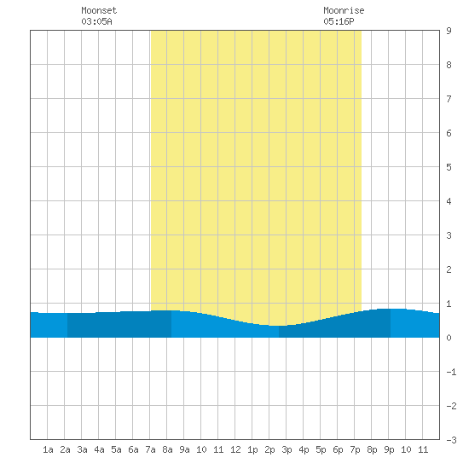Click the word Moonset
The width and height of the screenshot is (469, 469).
[99, 10]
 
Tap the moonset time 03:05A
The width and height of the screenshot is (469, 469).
[96, 21]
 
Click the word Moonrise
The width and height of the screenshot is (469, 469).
[344, 10]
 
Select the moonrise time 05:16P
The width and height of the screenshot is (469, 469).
[339, 21]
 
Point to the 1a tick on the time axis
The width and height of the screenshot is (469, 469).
[48, 449]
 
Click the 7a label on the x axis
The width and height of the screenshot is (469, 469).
[150, 449]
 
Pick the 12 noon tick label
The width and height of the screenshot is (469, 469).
[235, 449]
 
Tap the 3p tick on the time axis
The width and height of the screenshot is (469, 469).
[287, 449]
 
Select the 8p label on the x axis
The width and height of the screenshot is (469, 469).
[372, 449]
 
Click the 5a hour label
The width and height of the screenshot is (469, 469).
[116, 449]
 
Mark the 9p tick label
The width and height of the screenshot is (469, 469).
[389, 449]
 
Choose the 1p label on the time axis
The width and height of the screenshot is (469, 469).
[252, 449]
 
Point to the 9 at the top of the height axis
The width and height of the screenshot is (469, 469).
[449, 31]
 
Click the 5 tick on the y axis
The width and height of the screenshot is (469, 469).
[449, 167]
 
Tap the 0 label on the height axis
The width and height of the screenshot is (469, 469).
[449, 338]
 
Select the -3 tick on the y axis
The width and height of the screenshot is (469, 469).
[451, 440]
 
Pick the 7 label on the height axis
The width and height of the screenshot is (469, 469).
[449, 99]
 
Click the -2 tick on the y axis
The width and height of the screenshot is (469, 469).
[451, 406]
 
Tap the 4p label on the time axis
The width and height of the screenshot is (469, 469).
[304, 449]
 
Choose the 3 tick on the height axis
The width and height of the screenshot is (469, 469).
[449, 235]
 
